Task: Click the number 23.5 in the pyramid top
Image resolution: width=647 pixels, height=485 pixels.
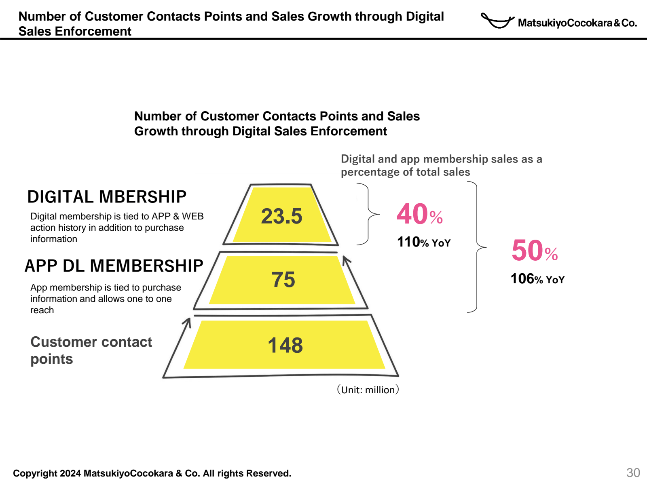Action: (x=281, y=216)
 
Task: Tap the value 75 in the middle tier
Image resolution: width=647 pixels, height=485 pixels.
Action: (x=283, y=280)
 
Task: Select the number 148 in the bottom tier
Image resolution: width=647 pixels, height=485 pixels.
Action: (x=285, y=346)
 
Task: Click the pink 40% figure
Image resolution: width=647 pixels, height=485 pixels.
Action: (x=419, y=214)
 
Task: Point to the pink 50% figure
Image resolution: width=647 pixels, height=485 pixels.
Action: (x=534, y=251)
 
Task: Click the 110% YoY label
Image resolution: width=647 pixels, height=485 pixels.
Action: (x=423, y=242)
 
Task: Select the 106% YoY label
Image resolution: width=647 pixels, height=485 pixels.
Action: (x=537, y=279)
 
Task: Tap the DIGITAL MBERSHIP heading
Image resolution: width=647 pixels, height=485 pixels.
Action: (x=107, y=197)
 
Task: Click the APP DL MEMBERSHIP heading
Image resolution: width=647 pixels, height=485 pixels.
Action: (x=114, y=266)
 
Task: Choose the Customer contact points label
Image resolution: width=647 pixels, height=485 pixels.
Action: (x=91, y=350)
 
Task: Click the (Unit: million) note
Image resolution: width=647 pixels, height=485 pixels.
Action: (x=368, y=390)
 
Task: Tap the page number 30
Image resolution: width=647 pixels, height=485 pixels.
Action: (x=633, y=472)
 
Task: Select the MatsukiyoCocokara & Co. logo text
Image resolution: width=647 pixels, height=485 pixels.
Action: (x=577, y=23)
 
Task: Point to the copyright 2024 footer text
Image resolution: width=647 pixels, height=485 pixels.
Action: (x=152, y=473)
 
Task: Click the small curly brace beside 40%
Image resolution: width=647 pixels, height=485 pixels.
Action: (x=368, y=214)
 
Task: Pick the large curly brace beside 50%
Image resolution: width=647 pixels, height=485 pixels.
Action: (x=477, y=247)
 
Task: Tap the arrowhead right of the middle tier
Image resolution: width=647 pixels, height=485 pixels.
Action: (x=346, y=260)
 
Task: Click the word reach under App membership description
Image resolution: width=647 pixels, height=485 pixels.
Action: (x=42, y=310)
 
